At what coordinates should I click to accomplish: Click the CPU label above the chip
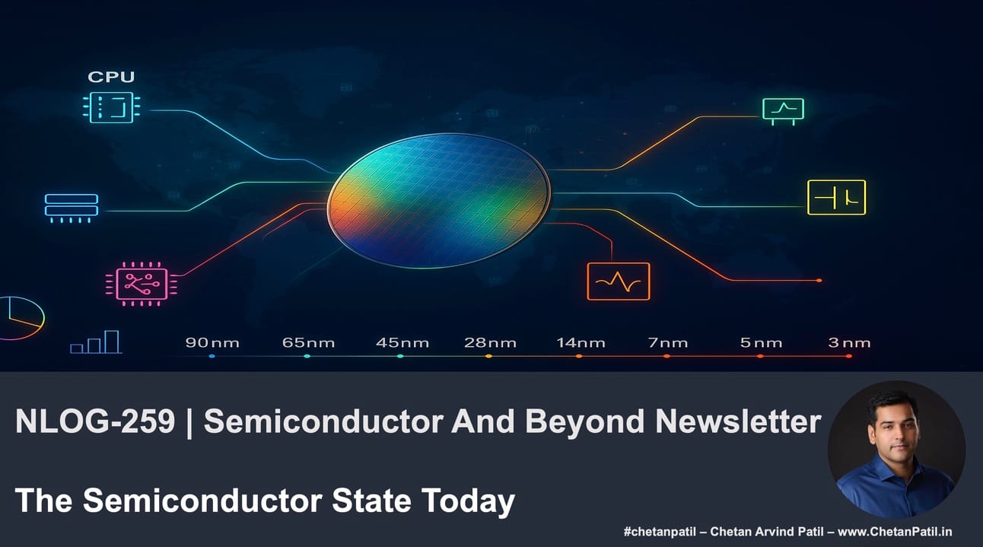111,77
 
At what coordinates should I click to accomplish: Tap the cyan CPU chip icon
112,107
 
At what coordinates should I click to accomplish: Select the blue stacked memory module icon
72,208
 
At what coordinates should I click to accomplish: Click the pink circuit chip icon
142,284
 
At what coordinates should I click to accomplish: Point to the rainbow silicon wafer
438,200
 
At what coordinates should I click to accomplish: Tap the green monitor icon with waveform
784,111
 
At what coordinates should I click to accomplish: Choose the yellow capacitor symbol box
836,197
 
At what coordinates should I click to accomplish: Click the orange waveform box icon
619,281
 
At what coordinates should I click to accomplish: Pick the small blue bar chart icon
96,342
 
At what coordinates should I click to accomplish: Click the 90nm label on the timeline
212,342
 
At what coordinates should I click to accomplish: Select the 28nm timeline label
490,342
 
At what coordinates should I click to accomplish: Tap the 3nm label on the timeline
849,342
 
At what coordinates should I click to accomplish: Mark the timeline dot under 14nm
579,356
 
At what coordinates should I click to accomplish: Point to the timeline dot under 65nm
307,356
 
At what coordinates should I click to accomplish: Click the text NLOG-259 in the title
95,421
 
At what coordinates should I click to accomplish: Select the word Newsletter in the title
738,421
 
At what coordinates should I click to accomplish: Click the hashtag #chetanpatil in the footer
659,532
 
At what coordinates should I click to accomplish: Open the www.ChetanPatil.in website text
895,532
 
